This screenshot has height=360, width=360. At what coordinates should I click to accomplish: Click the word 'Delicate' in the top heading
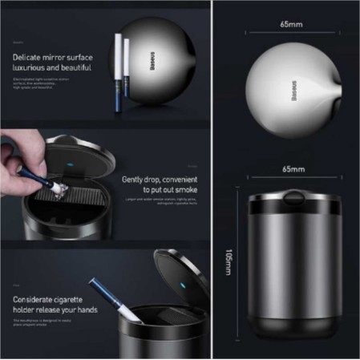coord(29,58)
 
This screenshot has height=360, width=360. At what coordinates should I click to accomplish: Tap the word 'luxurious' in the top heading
coord(31,69)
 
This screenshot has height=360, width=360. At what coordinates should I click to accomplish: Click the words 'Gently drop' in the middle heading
coord(141,180)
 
